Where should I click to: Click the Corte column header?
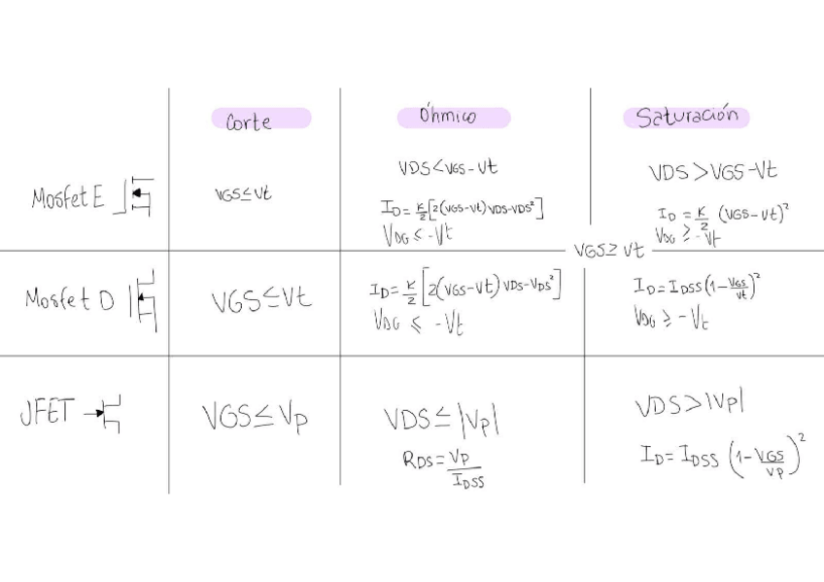(x=249, y=120)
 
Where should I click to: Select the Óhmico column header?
(x=448, y=116)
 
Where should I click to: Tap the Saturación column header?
(x=687, y=117)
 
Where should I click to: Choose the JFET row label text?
(x=47, y=414)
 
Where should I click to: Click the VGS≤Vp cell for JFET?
(x=256, y=417)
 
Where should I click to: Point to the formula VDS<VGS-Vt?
(x=447, y=167)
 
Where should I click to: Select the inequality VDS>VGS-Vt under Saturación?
(x=712, y=172)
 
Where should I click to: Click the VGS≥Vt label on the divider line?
(x=608, y=251)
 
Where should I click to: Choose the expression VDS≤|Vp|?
(x=442, y=420)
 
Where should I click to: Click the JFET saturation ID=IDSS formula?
(x=723, y=456)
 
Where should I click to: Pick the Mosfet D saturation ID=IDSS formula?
(x=697, y=286)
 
